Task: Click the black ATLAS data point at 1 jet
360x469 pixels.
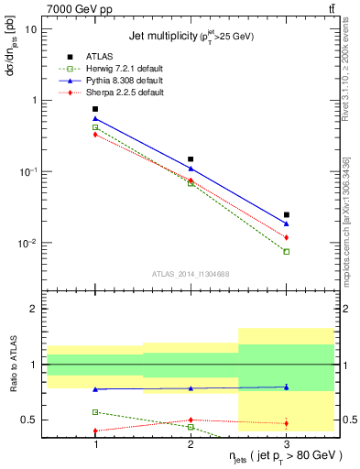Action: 95,109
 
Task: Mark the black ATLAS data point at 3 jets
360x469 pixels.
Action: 287,214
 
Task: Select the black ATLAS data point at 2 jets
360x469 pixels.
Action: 191,159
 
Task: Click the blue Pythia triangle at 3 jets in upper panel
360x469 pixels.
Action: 287,223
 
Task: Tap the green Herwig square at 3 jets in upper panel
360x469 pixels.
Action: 287,251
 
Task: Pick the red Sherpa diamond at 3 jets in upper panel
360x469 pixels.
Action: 287,237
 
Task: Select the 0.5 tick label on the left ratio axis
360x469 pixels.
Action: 30,420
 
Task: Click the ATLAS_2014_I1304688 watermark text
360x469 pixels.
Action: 191,273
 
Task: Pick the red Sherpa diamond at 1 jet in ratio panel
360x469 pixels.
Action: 95,431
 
